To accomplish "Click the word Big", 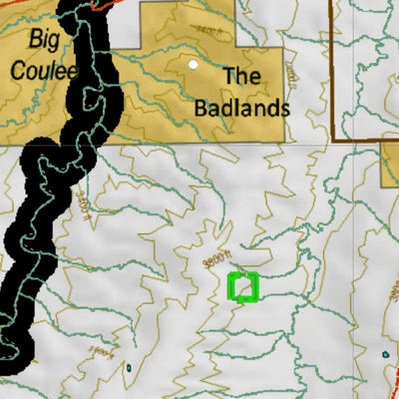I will coord(44,41).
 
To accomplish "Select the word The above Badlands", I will coord(243,76).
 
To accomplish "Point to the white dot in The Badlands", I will coord(194,65).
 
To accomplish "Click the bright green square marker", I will coord(243,286).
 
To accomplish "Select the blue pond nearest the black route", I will coord(129,367).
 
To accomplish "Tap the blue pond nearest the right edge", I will coord(384,354).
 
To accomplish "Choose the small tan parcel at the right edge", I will coord(390,164).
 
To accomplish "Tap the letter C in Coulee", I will coord(18,70).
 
